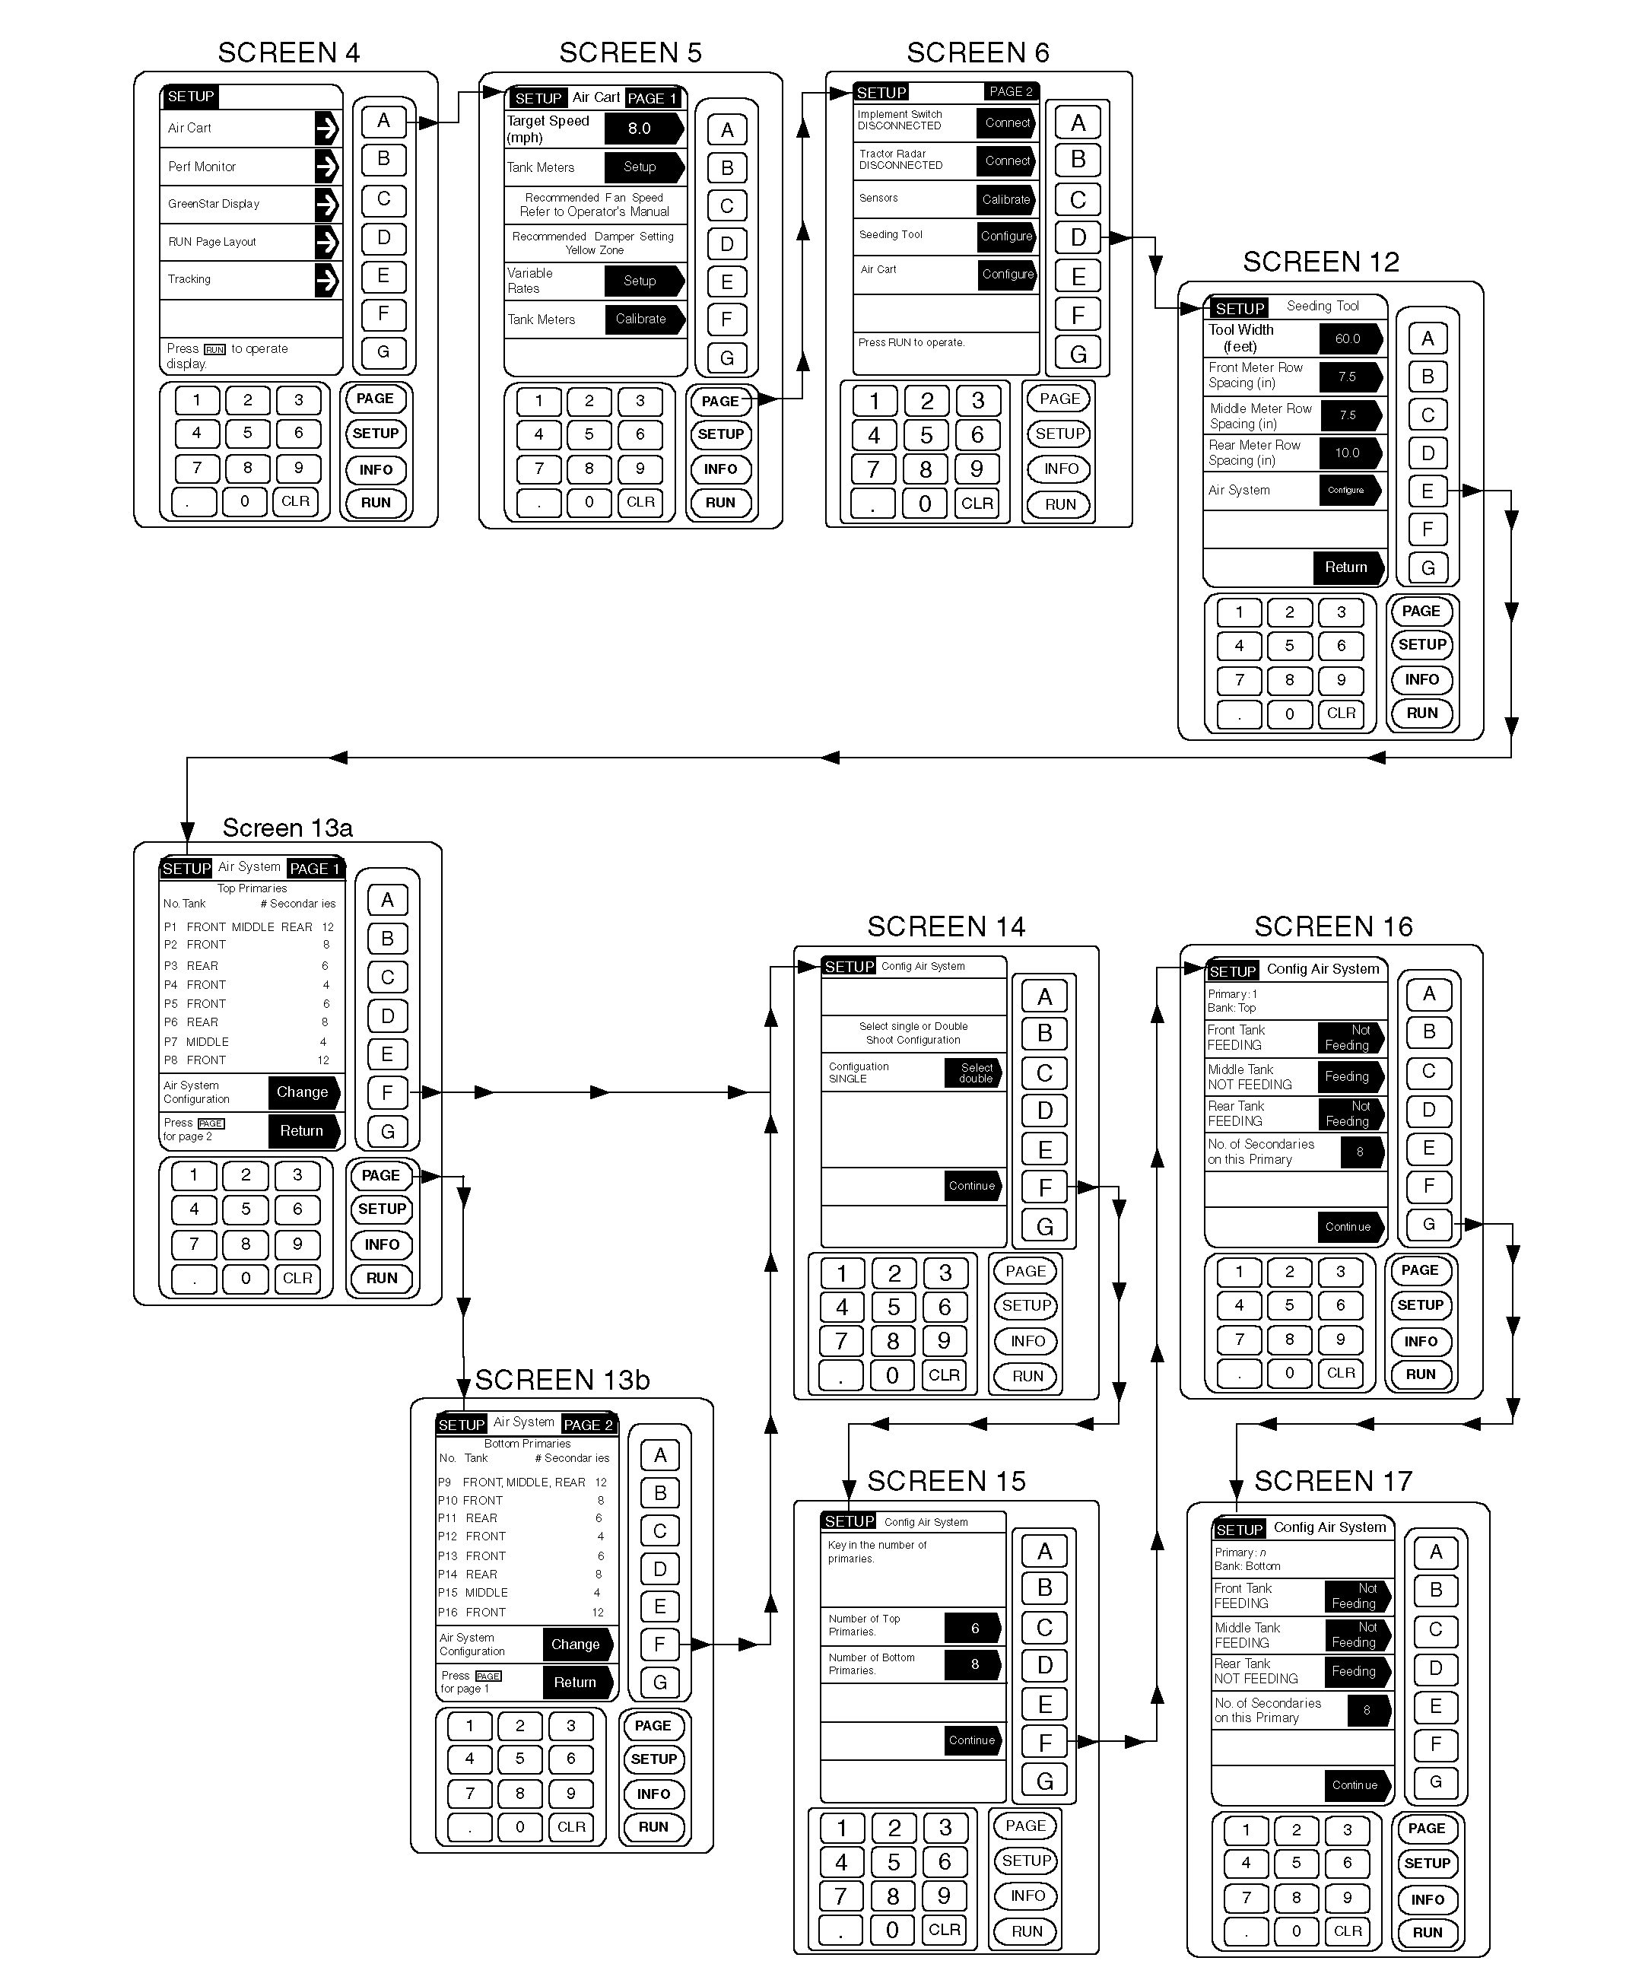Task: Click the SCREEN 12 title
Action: [1320, 262]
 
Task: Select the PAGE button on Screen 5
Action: [720, 400]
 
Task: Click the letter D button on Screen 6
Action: [1078, 237]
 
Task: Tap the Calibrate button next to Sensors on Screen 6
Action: [1005, 199]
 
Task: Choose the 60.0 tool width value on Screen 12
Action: [1348, 338]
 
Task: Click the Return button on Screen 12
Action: [1346, 567]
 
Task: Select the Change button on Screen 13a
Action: [302, 1092]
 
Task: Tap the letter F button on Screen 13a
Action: [387, 1092]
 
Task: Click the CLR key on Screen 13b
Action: [571, 1826]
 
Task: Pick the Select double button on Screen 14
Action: [973, 1073]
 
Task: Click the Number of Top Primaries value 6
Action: [973, 1628]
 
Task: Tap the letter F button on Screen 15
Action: [1044, 1741]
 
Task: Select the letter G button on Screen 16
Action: [1428, 1225]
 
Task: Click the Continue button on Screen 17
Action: [1354, 1784]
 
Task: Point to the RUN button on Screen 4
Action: [376, 502]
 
